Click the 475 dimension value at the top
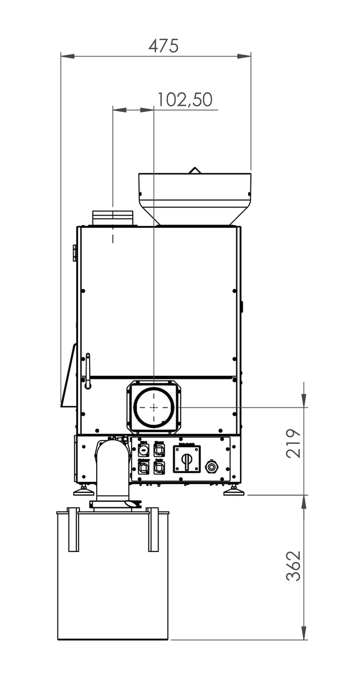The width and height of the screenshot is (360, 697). click(163, 46)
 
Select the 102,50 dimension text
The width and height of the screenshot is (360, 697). click(184, 100)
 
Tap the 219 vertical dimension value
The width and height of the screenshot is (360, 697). click(293, 443)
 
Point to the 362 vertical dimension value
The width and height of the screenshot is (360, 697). click(293, 565)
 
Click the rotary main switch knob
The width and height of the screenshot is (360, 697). click(186, 459)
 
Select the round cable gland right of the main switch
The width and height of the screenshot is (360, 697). click(211, 467)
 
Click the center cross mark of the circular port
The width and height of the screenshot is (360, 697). click(154, 407)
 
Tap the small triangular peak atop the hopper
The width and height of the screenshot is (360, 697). click(195, 170)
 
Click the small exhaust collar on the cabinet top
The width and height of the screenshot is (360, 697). click(113, 218)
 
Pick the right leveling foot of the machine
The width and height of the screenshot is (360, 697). click(233, 491)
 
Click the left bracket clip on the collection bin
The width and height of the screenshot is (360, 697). click(74, 529)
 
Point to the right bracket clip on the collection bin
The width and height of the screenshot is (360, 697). click(153, 529)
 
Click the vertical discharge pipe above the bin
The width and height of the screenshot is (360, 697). click(112, 470)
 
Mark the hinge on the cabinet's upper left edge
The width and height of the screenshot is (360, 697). click(75, 253)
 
